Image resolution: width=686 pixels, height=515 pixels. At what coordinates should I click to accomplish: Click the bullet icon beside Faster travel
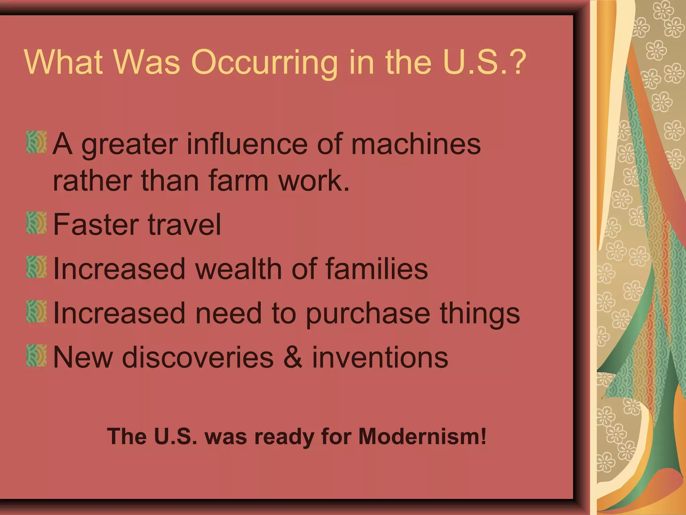37,222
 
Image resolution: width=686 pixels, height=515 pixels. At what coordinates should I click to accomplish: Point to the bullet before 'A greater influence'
37,142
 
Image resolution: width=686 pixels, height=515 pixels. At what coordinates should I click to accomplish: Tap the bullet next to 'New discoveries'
37,355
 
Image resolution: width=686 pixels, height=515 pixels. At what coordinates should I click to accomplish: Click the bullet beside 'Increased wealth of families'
37,267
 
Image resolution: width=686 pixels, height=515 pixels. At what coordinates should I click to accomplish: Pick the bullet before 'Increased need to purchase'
37,311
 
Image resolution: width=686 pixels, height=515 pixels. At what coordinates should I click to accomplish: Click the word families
376,269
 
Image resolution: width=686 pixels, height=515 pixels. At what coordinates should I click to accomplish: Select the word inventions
380,357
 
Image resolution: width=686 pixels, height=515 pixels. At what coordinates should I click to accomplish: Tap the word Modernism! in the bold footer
422,437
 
